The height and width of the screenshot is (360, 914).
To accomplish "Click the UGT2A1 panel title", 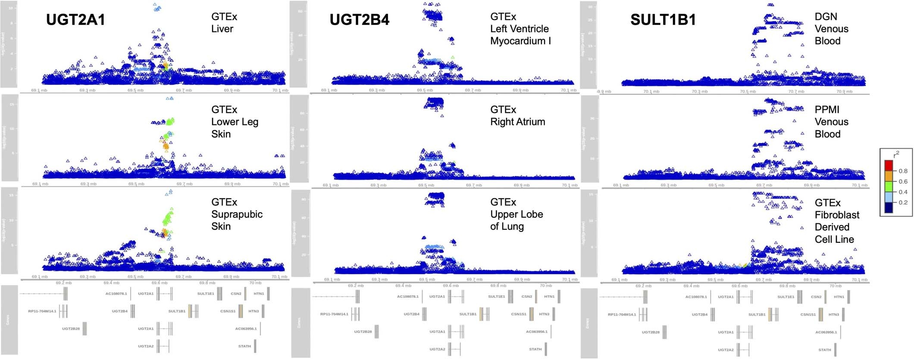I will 75,20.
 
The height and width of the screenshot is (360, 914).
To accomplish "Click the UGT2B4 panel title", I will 359,20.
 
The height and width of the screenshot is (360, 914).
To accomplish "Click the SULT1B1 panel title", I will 663,20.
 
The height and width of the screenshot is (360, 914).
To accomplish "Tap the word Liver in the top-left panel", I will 222,29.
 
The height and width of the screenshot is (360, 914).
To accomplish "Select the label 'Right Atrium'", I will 517,122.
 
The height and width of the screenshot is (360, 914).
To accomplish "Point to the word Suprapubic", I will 237,214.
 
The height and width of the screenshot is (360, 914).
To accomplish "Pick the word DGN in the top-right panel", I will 826,17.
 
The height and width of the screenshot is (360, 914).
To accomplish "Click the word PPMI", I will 826,110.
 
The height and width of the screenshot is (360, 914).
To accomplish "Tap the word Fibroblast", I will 837,215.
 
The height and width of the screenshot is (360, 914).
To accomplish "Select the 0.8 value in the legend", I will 903,171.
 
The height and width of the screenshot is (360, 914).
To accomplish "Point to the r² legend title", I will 896,154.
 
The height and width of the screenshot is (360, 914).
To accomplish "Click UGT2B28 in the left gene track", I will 71,329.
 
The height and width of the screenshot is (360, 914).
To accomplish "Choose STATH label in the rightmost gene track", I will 824,350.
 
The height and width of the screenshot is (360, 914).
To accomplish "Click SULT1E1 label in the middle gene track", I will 496,297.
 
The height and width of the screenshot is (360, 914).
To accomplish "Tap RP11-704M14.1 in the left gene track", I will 42,311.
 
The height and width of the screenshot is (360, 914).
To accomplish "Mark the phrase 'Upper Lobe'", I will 516,214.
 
